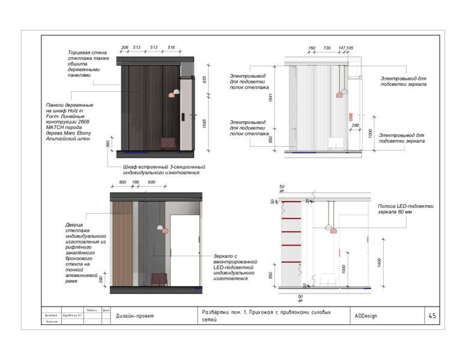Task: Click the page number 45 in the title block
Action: point(432,316)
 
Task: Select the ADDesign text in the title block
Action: point(366,316)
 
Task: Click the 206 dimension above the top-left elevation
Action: point(125,47)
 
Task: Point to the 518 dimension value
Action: point(171,47)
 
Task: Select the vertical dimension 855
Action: point(204,79)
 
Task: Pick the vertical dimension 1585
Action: point(204,124)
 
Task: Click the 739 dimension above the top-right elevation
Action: point(327,47)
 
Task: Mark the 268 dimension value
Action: point(355,125)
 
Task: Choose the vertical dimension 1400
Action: point(379,262)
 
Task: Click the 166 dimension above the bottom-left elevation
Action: point(136,182)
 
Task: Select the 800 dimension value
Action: point(151,182)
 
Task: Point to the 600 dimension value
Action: point(123,182)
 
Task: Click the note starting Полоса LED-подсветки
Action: point(405,209)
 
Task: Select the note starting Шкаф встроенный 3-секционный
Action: point(164,169)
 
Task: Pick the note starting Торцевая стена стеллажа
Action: point(88,64)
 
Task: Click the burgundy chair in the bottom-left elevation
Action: point(159,279)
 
